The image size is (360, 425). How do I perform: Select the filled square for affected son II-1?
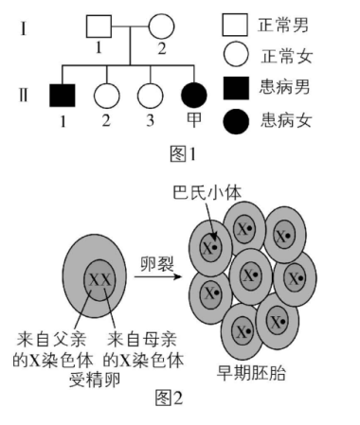tap(63, 96)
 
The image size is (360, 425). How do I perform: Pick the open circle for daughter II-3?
tap(148, 96)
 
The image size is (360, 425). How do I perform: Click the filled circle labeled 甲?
tap(193, 96)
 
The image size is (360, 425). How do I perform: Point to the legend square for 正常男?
tap(235, 24)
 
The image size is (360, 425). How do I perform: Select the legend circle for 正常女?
tap(235, 56)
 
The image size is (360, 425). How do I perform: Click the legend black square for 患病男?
tap(235, 88)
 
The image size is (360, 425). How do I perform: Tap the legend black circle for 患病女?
tap(235, 120)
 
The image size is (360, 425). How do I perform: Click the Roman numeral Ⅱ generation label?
tap(22, 96)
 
